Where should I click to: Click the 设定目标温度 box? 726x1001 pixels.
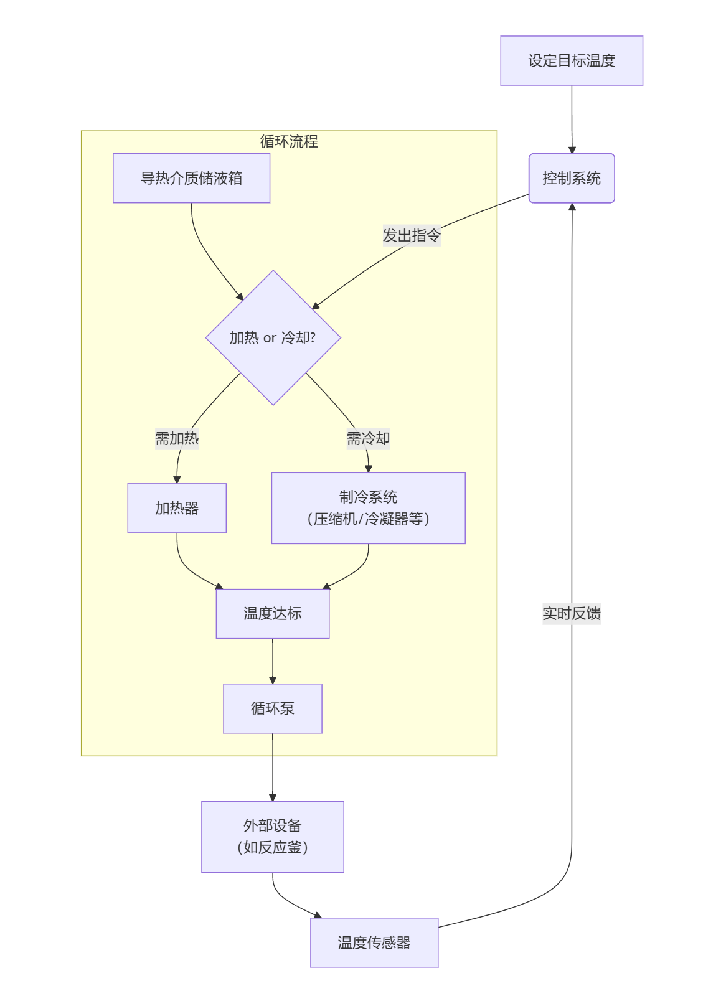point(571,60)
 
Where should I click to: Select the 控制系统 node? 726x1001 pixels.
point(571,178)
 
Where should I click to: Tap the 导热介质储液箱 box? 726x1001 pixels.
point(191,178)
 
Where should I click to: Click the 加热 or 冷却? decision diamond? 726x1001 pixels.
point(273,337)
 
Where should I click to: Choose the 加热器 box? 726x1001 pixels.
point(177,508)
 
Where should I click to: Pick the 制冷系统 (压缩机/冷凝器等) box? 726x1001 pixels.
point(368,508)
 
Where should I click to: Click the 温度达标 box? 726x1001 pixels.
point(272,613)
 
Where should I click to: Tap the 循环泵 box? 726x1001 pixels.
point(272,708)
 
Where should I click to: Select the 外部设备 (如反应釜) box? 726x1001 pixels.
point(272,837)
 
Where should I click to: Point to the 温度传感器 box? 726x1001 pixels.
point(374,942)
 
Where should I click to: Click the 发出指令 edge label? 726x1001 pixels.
point(412,235)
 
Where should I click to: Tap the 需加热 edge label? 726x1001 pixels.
point(177,438)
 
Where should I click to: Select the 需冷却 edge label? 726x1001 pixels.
point(368,438)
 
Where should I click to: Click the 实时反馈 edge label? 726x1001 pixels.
point(571,613)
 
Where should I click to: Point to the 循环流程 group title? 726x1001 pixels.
point(289,141)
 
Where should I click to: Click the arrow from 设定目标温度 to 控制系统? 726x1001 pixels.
point(572,118)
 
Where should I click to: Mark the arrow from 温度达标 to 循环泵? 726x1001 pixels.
point(273,661)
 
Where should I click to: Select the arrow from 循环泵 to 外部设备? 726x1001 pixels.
point(273,767)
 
